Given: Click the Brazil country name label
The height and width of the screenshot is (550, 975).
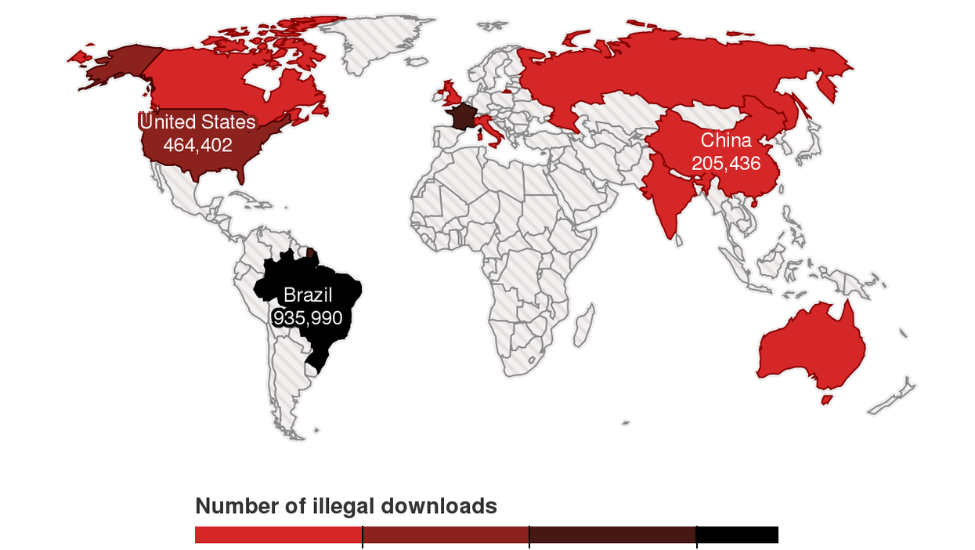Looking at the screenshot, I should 308,295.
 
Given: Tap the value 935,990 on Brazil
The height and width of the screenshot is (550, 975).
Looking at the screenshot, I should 308,317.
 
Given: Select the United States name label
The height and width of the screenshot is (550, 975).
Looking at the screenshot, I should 197,122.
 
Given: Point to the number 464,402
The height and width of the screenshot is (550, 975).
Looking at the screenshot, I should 197,145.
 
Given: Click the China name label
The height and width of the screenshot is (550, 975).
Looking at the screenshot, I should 726,141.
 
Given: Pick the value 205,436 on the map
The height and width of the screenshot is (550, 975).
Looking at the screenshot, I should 726,164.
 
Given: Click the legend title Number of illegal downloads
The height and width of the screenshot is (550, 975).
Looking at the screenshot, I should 345,506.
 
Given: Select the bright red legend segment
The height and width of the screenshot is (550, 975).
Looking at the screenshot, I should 278,535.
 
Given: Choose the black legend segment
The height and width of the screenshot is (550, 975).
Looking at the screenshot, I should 737,535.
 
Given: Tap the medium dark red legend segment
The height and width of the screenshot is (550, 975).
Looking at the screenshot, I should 446,535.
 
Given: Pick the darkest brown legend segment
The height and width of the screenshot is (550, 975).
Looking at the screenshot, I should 612,535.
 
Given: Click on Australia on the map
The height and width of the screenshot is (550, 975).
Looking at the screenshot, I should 811,349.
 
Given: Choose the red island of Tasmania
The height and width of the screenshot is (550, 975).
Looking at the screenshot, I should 826,399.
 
